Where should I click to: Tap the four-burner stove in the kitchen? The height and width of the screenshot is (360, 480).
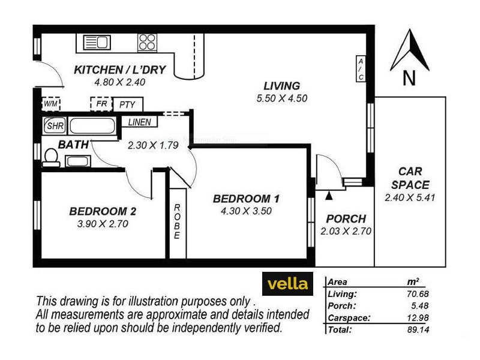point(147,41)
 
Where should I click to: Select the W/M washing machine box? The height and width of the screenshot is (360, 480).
point(50,104)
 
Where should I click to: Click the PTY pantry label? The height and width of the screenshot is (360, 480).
point(127,104)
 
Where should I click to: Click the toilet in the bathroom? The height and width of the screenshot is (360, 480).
point(50,157)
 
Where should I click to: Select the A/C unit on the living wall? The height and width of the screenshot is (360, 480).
point(361,70)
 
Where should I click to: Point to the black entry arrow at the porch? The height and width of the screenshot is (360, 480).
point(328,195)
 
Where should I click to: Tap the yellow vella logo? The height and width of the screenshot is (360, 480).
point(288,283)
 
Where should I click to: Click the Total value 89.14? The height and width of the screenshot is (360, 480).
point(420,330)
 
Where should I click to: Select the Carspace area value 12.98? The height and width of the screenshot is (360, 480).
point(420,318)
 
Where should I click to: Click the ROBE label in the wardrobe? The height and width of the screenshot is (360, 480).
point(177,222)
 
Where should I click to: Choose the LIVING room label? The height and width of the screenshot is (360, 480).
point(281,86)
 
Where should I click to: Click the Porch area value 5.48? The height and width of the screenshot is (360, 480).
point(422,306)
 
